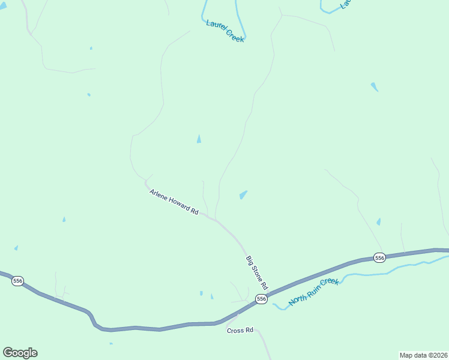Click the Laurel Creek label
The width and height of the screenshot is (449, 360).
224,31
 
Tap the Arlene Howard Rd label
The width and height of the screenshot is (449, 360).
173,202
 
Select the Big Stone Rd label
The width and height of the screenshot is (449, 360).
256,271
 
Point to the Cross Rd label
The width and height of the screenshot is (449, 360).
241,331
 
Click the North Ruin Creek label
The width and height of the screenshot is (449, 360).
314,292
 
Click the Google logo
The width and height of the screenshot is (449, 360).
20,353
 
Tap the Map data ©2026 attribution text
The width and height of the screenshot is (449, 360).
423,355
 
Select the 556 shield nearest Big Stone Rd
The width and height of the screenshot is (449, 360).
261,299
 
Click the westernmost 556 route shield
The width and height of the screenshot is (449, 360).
17,281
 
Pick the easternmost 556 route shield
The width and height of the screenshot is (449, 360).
379,257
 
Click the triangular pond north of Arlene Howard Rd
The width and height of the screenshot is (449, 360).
199,139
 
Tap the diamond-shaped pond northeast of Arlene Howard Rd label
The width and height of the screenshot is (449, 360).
243,194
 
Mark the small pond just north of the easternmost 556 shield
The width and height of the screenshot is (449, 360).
378,222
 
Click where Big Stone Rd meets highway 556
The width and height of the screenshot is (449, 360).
268,294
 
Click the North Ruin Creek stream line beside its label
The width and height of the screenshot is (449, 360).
360,275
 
